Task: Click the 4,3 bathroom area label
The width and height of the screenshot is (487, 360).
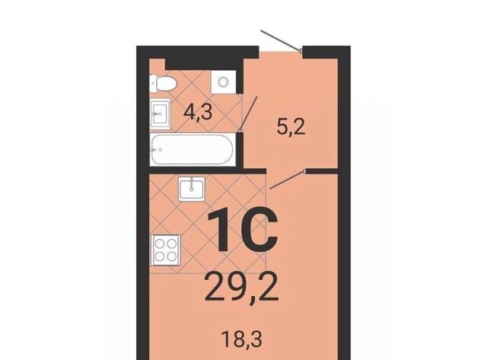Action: coord(198,112)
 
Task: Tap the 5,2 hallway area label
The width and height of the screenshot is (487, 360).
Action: coord(291,127)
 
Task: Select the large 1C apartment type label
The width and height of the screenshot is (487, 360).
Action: coord(242,229)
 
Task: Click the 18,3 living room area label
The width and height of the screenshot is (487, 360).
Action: coord(242,339)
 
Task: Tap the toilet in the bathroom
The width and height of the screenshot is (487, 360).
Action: coord(162,83)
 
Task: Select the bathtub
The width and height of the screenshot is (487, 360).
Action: coord(193,149)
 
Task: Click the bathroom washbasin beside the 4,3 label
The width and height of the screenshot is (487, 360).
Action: coord(161,114)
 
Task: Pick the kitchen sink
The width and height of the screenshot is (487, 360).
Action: coord(191,188)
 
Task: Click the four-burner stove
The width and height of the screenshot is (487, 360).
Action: coord(166,250)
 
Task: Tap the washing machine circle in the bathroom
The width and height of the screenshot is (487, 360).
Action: coord(223,82)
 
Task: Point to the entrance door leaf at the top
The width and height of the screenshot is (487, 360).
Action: coord(281,40)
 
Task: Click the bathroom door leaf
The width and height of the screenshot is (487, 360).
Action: coord(249,113)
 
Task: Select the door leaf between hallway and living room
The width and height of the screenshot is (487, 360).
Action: coord(288,180)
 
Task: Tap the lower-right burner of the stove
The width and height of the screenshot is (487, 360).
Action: coord(171,256)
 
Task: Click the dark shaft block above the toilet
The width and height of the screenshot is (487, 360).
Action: coord(204,63)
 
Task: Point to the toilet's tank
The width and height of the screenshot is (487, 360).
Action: coord(153,83)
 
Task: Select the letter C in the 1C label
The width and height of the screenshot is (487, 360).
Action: coord(259,229)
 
